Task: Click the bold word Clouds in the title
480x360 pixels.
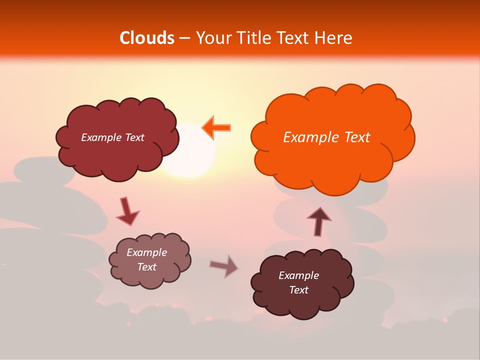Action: click(x=147, y=38)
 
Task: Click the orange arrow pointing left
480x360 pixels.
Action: click(x=216, y=127)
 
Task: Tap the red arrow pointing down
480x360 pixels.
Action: click(x=127, y=211)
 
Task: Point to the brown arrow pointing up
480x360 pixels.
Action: click(x=318, y=220)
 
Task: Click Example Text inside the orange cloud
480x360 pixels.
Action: click(x=326, y=137)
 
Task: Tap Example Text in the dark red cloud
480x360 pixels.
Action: click(x=112, y=137)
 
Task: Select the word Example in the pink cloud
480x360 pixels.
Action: click(x=146, y=252)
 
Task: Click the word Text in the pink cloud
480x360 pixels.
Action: click(x=147, y=267)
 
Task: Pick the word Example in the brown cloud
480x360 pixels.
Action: click(x=298, y=275)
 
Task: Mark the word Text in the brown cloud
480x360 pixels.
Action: click(x=298, y=290)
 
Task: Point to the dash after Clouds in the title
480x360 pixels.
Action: click(x=183, y=38)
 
